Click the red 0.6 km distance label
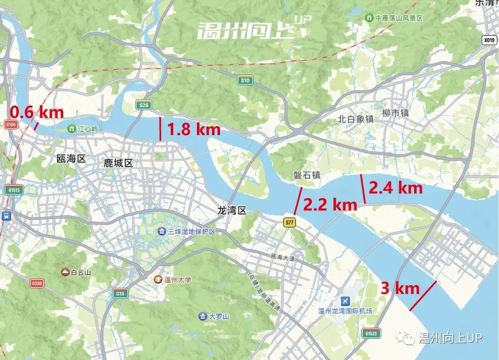click(37, 112)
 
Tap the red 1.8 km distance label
click(194, 129)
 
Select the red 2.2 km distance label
click(330, 205)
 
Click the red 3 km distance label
click(400, 289)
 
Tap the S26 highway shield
click(144, 105)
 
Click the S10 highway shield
click(245, 80)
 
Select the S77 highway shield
click(289, 222)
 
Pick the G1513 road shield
click(14, 190)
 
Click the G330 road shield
click(37, 283)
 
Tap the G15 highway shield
click(120, 293)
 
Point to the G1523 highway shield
click(371, 333)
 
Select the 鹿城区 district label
click(118, 163)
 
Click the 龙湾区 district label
click(232, 210)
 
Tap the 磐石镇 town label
click(307, 175)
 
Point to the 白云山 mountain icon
click(65, 272)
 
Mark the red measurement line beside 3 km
click(422, 296)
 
